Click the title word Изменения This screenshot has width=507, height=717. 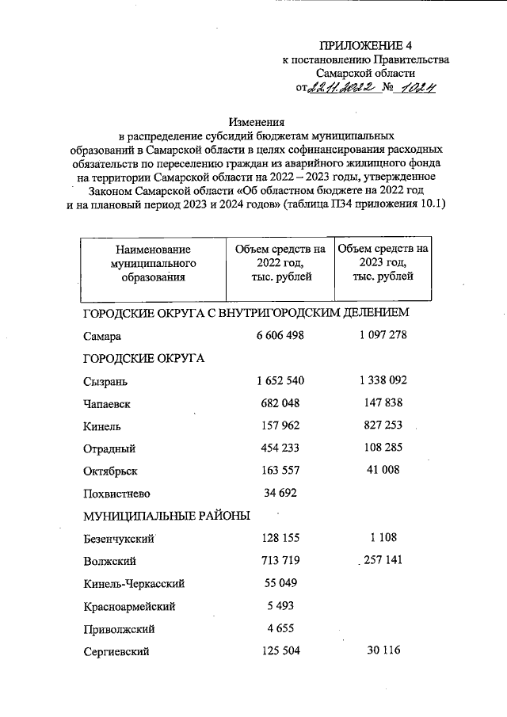tap(256, 122)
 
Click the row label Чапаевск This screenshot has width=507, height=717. tap(106, 403)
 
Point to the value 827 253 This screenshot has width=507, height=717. tap(382, 425)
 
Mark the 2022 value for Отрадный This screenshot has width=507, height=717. tap(280, 448)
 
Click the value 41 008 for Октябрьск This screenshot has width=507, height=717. tap(382, 470)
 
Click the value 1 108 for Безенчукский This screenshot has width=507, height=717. tap(382, 539)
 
